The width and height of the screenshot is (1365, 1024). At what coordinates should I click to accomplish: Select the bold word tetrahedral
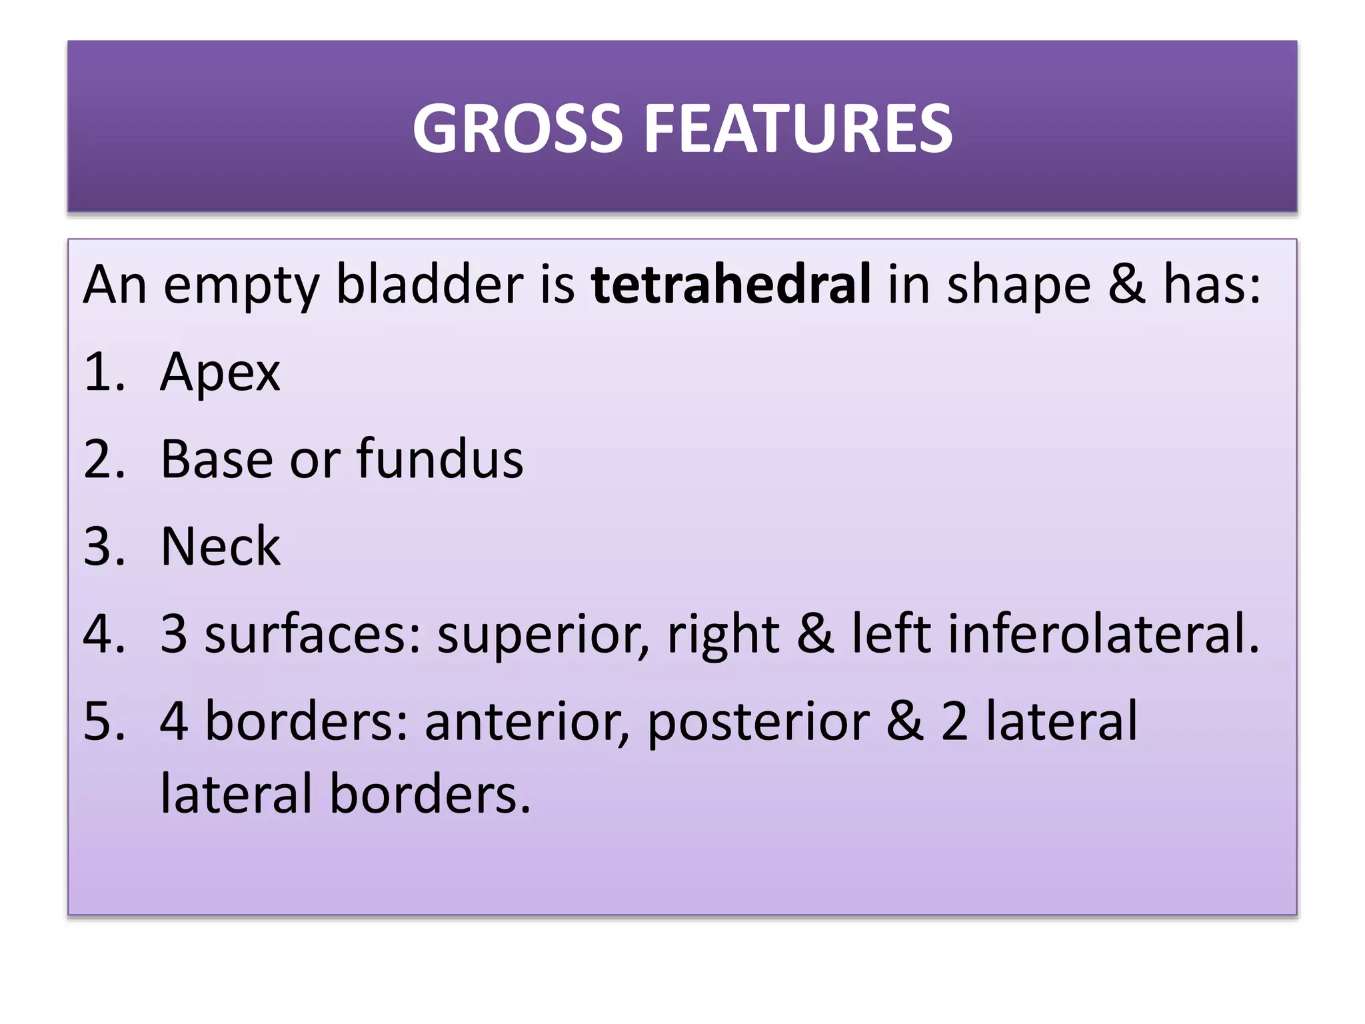pos(730,285)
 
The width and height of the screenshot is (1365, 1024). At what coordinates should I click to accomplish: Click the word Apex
pos(220,373)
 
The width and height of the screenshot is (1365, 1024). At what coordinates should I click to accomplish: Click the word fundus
pos(440,459)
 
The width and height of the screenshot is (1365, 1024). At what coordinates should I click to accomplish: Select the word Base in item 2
pos(217,459)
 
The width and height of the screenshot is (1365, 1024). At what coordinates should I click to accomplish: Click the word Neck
pos(220,547)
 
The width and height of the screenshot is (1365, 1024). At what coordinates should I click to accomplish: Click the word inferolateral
pos(1103,634)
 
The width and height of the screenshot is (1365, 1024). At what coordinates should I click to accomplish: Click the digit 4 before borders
pos(174,721)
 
